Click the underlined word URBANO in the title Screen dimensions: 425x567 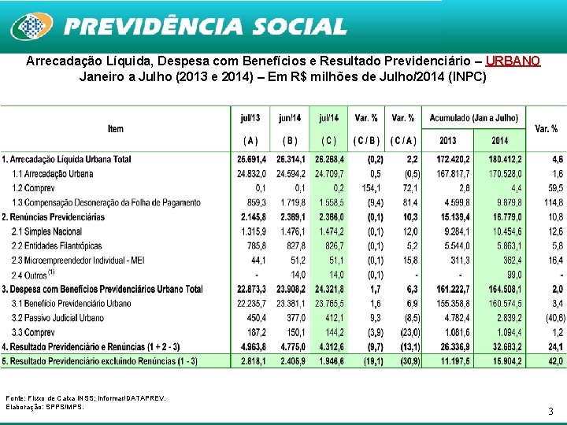[513, 61]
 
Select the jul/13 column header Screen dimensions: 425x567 [250, 118]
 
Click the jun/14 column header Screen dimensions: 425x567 [289, 118]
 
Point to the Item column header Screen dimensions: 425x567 [116, 128]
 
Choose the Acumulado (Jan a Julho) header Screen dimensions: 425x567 [473, 118]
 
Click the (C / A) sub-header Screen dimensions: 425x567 [403, 141]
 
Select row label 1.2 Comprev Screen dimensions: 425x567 [35, 188]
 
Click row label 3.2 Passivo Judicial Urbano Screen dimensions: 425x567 [57, 318]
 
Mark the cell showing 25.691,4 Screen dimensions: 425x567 [252, 160]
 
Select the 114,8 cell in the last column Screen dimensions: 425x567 [550, 203]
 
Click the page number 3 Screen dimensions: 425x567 [550, 412]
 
